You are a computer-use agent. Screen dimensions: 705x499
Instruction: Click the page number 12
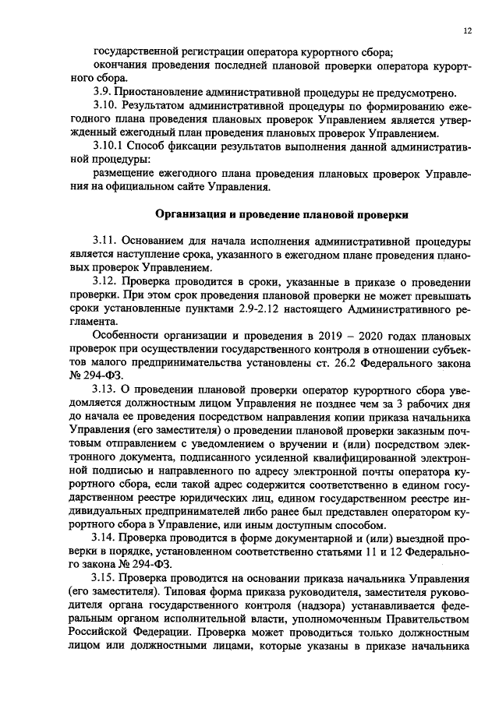(x=467, y=31)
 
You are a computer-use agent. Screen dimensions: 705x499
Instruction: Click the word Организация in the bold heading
(x=189, y=214)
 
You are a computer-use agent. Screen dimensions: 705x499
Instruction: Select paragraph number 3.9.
(x=101, y=93)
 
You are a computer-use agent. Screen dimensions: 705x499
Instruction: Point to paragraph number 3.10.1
(x=108, y=145)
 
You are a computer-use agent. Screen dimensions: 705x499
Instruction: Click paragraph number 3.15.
(x=104, y=579)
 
